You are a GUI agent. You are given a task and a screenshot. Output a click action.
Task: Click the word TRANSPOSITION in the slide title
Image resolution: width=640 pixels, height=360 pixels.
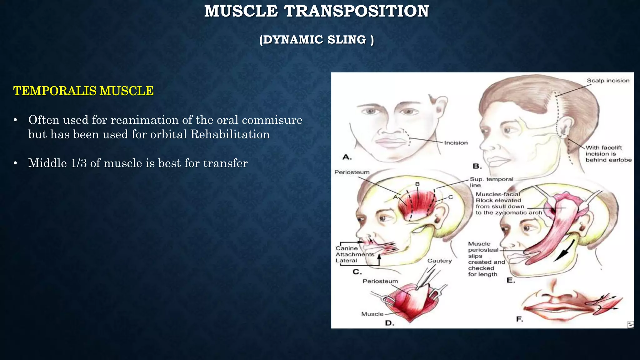coord(356,11)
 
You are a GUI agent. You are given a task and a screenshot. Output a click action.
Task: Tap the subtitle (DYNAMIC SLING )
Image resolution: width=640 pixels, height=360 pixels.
coord(316,40)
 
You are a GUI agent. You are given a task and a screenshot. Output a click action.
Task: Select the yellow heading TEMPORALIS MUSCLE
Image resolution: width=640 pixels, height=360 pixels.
coord(83,91)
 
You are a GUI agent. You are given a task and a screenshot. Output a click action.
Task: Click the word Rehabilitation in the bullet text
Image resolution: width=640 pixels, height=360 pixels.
coord(230,134)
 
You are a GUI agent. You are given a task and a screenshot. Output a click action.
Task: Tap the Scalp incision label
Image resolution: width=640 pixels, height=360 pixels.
coord(608,81)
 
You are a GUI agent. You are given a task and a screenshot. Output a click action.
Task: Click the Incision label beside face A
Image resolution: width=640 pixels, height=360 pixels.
coord(456,143)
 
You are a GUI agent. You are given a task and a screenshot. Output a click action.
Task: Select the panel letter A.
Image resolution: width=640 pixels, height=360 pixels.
coord(347,157)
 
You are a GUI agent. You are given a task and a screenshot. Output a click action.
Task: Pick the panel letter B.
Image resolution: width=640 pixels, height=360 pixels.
coord(477,166)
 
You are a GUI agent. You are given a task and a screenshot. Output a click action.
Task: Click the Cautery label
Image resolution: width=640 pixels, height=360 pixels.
coord(439,261)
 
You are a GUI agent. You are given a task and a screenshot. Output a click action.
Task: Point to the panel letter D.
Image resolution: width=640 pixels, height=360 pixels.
coord(389,323)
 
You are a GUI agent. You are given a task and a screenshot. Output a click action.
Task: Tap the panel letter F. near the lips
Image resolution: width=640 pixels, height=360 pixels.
coord(519,319)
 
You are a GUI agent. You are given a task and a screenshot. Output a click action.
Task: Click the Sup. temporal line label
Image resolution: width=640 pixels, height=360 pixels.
coord(491,182)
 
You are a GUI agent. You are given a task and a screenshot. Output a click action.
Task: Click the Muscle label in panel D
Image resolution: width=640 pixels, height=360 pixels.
coord(372,314)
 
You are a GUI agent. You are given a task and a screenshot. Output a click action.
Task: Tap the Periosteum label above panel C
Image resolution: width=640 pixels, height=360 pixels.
coord(352,172)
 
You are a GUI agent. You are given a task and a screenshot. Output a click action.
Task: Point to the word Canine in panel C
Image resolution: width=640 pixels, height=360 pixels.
coord(347,248)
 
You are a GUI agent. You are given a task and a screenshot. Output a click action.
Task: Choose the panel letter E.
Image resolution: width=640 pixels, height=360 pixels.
coord(511,280)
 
